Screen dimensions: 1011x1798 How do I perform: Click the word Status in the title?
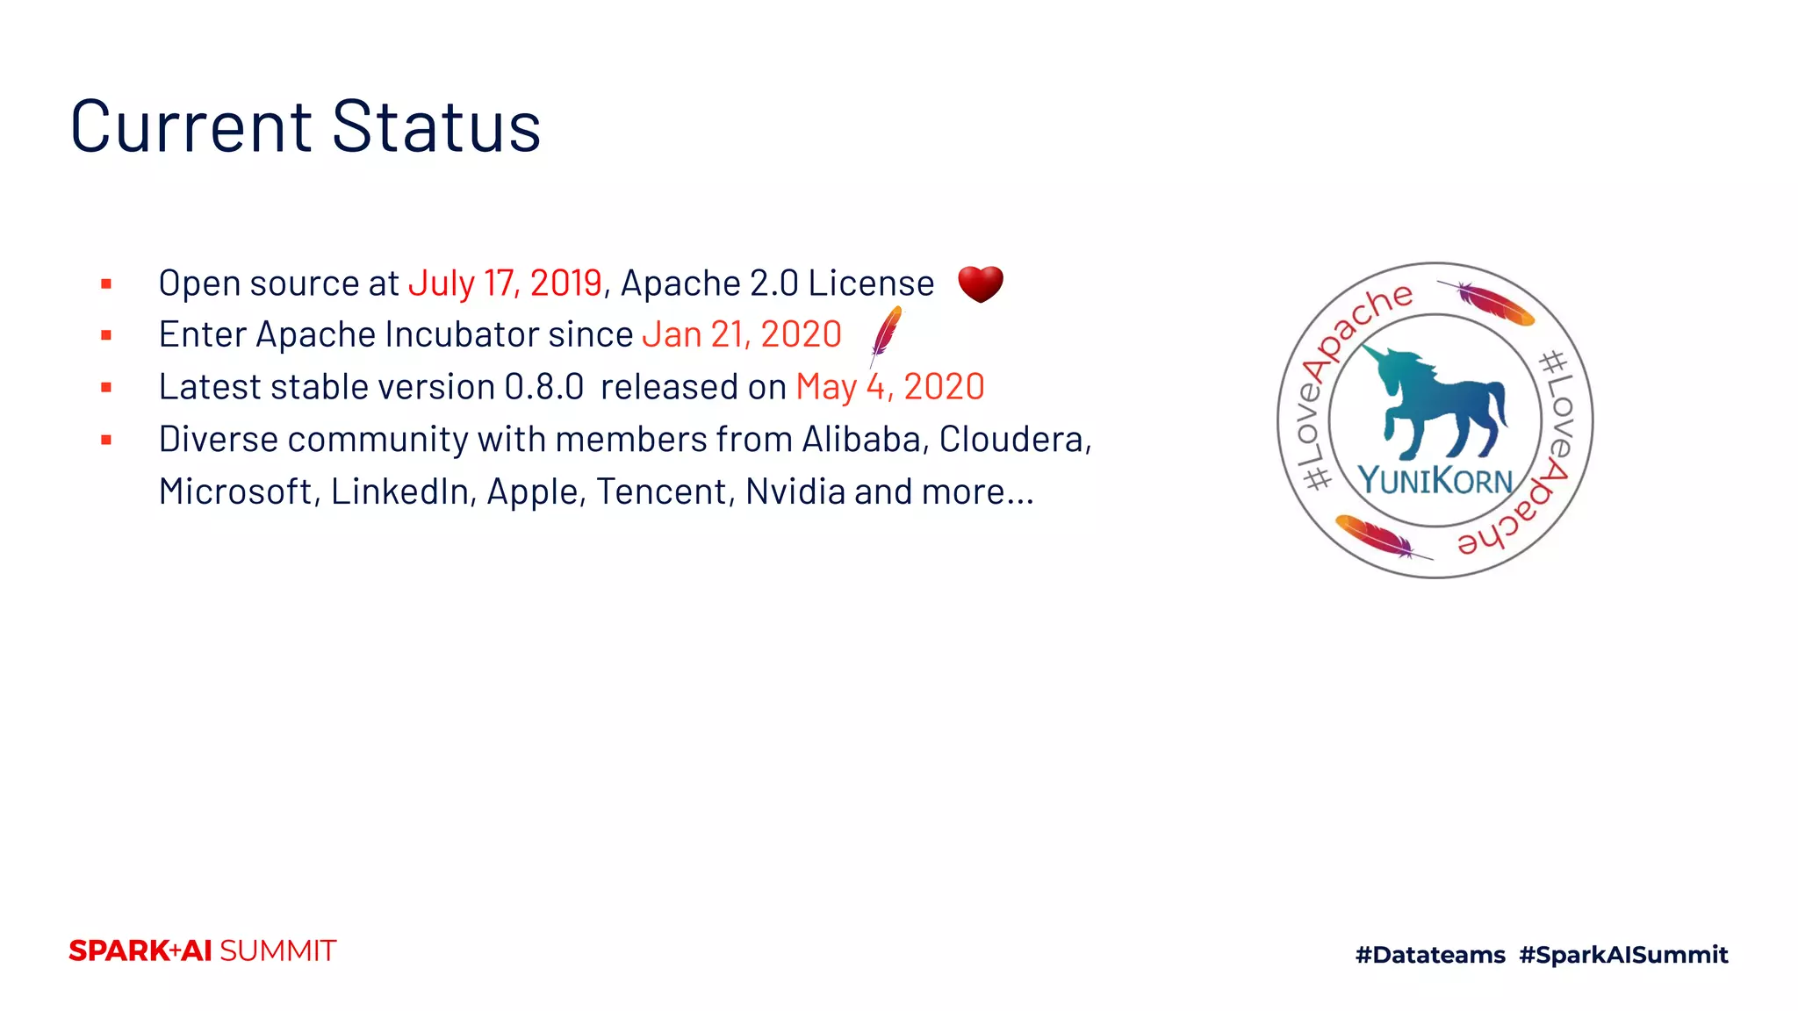click(436, 127)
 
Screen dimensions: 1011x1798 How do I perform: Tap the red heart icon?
click(980, 283)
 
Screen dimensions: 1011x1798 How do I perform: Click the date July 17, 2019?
click(505, 283)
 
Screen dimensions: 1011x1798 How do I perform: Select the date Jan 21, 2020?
click(742, 334)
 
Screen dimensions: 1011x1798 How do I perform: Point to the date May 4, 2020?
click(890, 387)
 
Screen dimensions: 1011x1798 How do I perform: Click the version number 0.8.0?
click(544, 387)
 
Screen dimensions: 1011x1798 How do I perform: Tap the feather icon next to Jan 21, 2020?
click(886, 334)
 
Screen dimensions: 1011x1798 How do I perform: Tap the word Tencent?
click(663, 491)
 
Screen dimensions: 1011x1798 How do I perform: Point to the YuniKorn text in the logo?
click(1435, 481)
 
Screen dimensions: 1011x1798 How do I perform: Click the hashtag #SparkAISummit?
click(1623, 955)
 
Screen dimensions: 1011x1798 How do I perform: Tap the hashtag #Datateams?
click(1430, 955)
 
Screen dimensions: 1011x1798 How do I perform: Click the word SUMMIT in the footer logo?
click(277, 951)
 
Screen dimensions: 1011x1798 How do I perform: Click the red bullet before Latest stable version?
click(106, 388)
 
